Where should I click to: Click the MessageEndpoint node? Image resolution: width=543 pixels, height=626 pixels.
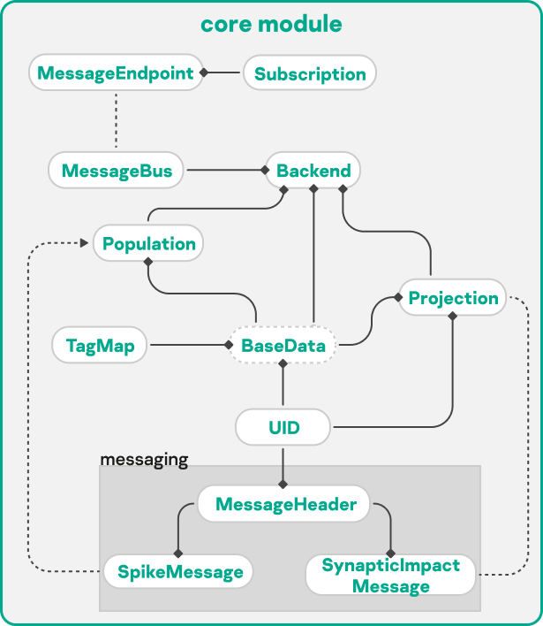[117, 73]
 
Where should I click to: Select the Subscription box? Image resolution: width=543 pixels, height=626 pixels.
[310, 74]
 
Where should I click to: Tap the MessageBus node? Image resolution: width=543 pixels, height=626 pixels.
[117, 170]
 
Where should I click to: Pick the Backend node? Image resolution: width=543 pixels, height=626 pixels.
[313, 170]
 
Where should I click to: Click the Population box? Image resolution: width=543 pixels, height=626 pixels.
[149, 243]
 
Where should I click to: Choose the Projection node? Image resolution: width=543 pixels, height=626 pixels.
[453, 298]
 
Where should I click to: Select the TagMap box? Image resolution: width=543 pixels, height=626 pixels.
[100, 345]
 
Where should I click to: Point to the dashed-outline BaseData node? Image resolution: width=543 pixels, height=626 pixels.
[283, 345]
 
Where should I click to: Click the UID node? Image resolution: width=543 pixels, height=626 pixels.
[283, 429]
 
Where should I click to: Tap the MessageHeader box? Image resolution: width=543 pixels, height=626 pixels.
[286, 505]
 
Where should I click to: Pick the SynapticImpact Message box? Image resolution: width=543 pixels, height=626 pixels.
[389, 576]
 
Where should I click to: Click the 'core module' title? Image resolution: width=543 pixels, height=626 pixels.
[271, 24]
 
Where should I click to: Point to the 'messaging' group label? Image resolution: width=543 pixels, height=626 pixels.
[144, 459]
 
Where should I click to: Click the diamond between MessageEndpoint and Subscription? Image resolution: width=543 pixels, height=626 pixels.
[204, 73]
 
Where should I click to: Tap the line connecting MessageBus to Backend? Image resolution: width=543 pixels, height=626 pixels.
[224, 169]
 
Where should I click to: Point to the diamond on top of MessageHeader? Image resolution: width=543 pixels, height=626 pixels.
[283, 484]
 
